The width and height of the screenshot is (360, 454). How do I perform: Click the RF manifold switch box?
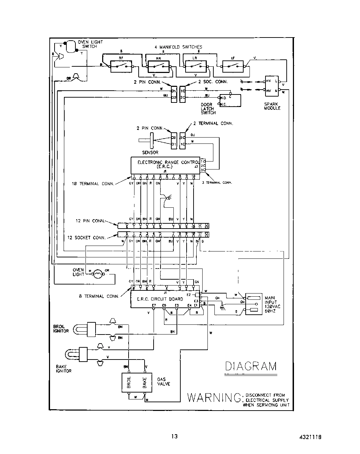121,66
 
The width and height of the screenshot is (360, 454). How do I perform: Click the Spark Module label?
272,106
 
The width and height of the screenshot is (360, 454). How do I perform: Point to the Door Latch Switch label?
208,109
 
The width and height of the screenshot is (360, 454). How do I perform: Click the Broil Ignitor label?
61,329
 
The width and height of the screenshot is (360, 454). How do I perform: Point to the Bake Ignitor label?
64,369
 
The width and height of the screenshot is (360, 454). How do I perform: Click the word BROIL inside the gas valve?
129,383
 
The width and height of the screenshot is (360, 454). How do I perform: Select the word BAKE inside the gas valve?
145,383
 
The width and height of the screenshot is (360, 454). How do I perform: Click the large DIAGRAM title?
251,366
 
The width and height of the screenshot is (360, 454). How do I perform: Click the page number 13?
174,436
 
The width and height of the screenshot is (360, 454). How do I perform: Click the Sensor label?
150,152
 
